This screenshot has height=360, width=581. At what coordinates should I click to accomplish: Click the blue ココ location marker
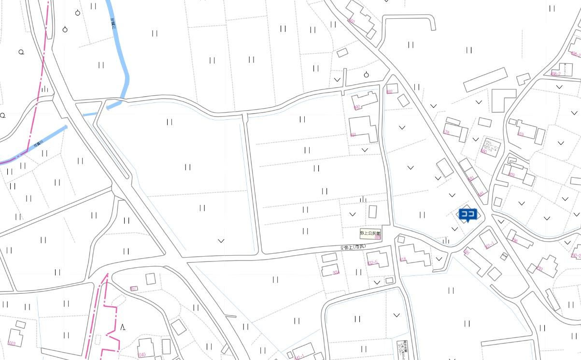click(468, 214)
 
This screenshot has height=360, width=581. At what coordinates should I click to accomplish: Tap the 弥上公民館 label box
click(370, 233)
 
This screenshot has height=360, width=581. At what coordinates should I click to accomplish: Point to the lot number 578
click(446, 132)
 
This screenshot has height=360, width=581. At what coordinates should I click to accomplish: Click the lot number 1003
click(12, 344)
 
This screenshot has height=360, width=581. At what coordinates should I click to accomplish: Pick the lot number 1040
click(142, 355)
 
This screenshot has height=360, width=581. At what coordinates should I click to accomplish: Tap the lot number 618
click(403, 259)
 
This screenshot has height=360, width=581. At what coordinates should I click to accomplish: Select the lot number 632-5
click(372, 263)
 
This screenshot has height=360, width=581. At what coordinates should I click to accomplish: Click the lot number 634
click(336, 273)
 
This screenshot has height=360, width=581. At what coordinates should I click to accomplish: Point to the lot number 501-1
click(489, 245)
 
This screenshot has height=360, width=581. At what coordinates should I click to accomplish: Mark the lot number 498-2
click(556, 73)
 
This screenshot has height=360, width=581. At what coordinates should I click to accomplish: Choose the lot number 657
click(134, 289)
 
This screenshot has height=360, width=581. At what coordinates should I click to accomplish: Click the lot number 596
click(515, 240)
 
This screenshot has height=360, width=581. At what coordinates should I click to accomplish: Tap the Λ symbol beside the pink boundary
click(123, 328)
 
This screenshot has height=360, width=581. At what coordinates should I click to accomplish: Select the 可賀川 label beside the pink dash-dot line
click(38, 144)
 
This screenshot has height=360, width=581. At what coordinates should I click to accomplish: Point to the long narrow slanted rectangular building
click(485, 80)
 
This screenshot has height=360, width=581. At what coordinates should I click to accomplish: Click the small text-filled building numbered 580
click(490, 145)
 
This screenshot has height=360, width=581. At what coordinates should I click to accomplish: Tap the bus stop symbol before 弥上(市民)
click(342, 248)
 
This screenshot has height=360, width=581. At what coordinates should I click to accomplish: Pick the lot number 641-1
click(299, 357)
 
